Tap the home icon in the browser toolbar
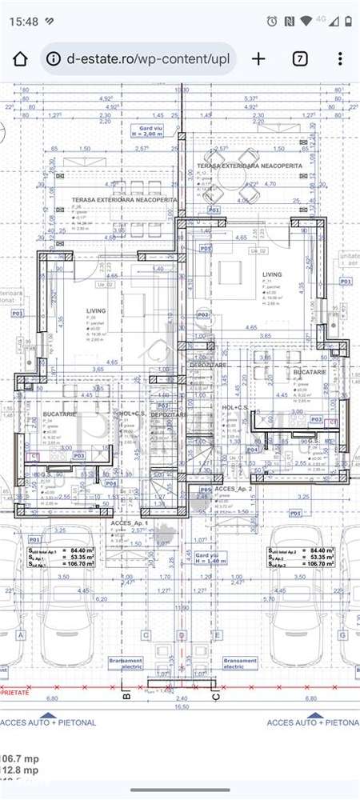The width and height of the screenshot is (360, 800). coord(20,59)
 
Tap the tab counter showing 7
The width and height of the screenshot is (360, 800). coord(299,59)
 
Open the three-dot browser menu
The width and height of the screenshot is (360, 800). coord(340,59)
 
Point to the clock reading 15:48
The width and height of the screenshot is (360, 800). coord(25,21)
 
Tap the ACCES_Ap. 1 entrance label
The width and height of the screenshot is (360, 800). coord(131,522)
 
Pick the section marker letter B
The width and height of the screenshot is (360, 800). coord(126,695)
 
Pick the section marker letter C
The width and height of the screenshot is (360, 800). coord(215,695)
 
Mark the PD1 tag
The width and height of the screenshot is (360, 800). coord(296,513)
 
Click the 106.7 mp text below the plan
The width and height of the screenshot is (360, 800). coord(19,758)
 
